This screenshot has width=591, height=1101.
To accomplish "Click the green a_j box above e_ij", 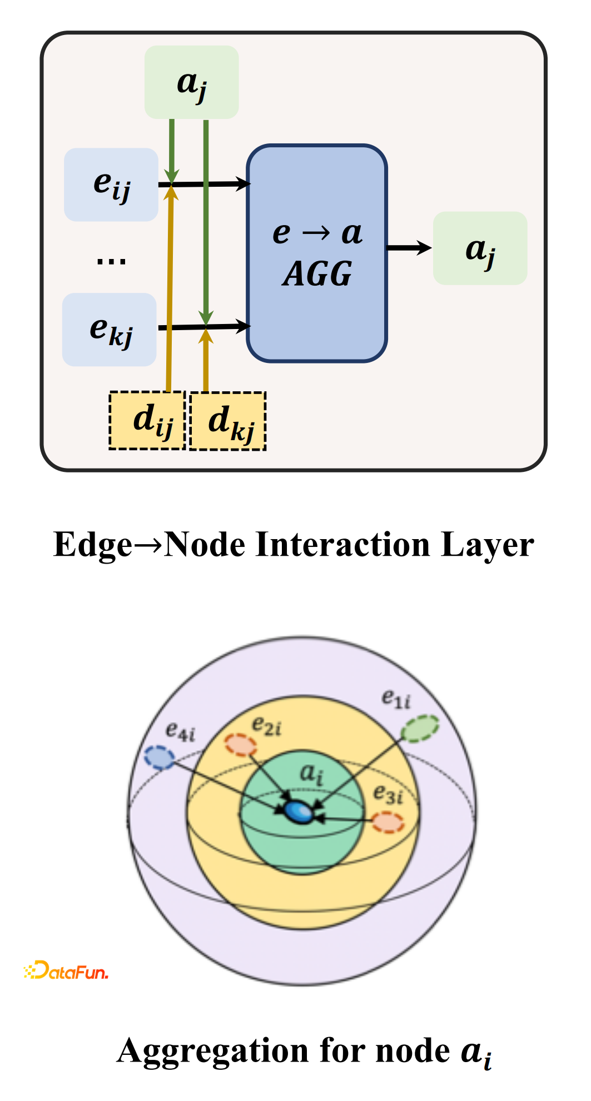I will coord(191,82).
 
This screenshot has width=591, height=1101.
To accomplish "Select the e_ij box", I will coord(111,185).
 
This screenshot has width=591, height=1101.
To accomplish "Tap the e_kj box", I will coord(110,329).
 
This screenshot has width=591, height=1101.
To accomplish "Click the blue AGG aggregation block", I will coord(317,253).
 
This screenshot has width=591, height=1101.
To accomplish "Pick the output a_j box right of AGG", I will coord(480,248).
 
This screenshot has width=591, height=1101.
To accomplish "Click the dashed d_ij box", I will coord(147,421).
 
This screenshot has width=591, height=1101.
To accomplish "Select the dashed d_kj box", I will coord(228,421).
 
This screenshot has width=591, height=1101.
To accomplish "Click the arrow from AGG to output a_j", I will coord(409,248).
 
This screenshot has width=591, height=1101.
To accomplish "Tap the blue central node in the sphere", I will coord(299,811).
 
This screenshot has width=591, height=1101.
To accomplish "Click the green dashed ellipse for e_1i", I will coord(420,729).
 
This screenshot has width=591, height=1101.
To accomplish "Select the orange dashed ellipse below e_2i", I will coord(241,745).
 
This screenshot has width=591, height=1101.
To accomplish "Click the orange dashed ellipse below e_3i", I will coord(388,822).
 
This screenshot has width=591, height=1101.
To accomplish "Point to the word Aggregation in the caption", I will coord(213,1051).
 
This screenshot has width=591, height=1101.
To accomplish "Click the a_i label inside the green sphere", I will coord(311,773).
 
